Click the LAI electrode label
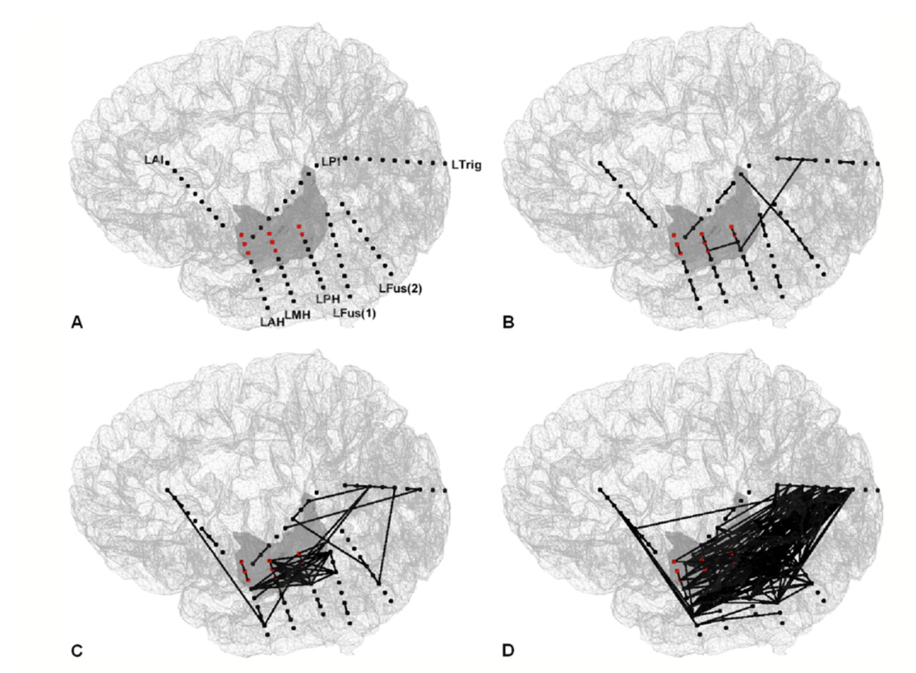[154, 160]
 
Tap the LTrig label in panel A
[467, 165]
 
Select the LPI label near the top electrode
[331, 162]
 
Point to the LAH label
[273, 322]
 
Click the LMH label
[298, 314]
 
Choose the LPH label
[328, 299]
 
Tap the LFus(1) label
[354, 314]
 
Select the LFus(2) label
[400, 289]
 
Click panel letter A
[77, 323]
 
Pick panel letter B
[508, 323]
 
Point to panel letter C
[77, 651]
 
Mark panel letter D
[508, 651]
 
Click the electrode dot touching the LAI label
[167, 163]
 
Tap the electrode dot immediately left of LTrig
[446, 164]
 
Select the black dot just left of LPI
[316, 165]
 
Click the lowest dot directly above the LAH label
[268, 308]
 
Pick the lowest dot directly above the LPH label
[323, 288]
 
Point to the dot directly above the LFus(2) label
[391, 274]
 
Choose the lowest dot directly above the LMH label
[293, 301]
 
